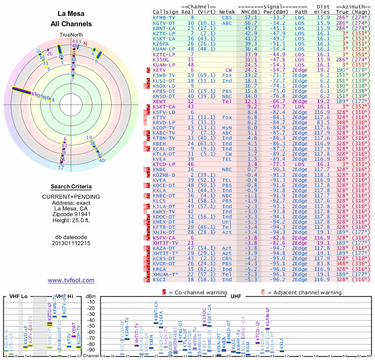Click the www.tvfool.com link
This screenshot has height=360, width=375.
(x=71, y=280)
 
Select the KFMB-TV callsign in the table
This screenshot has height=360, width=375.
(x=164, y=17)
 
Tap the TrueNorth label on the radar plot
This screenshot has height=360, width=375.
(x=71, y=35)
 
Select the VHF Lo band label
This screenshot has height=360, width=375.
(x=17, y=296)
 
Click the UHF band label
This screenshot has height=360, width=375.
(x=236, y=296)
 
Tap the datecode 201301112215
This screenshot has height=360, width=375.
(x=71, y=243)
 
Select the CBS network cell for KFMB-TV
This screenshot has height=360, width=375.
(x=227, y=17)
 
